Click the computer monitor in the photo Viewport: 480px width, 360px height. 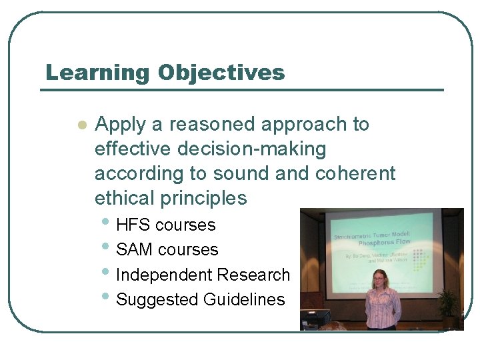click(x=315, y=319)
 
